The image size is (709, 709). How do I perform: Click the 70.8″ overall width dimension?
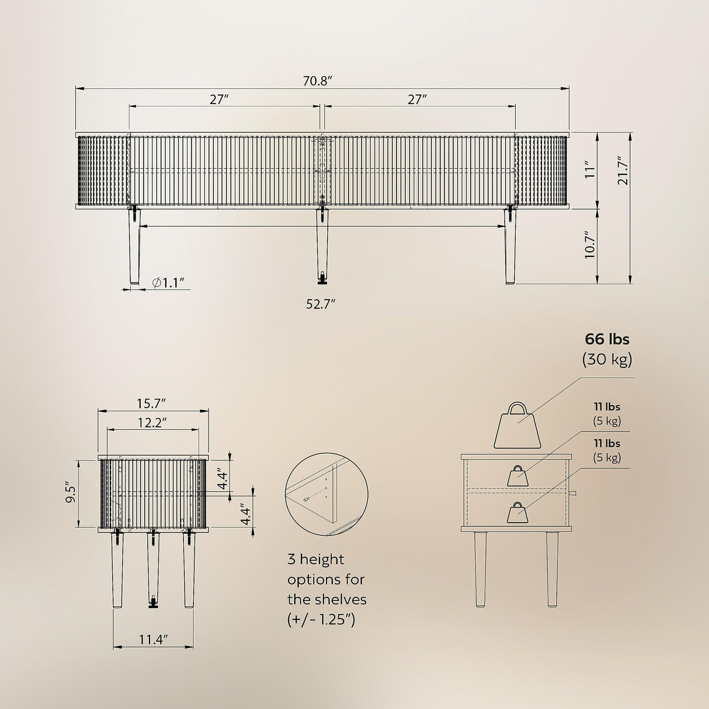click(x=318, y=81)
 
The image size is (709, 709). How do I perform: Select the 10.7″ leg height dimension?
click(x=589, y=245)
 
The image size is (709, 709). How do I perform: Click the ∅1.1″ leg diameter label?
click(x=168, y=283)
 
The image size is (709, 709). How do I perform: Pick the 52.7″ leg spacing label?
click(x=321, y=304)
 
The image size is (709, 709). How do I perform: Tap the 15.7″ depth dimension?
click(x=152, y=404)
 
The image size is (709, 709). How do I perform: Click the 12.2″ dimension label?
click(x=152, y=422)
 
